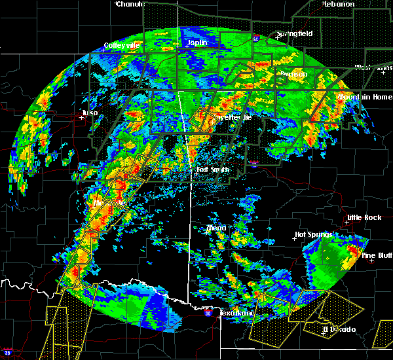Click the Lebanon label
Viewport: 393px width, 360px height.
click(x=338, y=4)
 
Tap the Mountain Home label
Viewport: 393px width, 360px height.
click(x=365, y=97)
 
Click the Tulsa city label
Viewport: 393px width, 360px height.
click(x=90, y=113)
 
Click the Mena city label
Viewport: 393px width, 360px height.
click(x=216, y=228)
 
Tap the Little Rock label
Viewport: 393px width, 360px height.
click(x=364, y=217)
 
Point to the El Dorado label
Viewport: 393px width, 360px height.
click(x=339, y=329)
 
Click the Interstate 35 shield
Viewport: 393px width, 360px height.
click(x=7, y=351)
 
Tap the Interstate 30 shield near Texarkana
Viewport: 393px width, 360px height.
click(x=208, y=314)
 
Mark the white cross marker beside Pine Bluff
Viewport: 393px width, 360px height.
click(x=371, y=261)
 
